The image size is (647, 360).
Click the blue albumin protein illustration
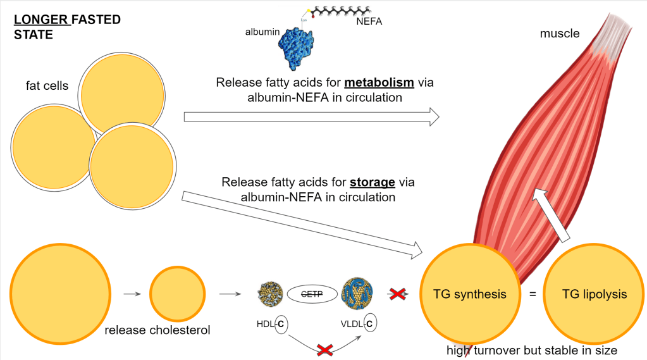pyautogui.click(x=302, y=48)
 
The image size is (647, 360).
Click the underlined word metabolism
pyautogui.click(x=379, y=83)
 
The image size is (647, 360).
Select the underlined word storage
pyautogui.click(x=373, y=182)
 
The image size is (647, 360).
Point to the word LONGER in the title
pyautogui.click(x=41, y=20)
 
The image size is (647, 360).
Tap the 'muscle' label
pyautogui.click(x=559, y=34)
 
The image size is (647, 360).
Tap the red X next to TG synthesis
pyautogui.click(x=397, y=294)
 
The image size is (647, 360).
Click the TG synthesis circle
pyautogui.click(x=469, y=294)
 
